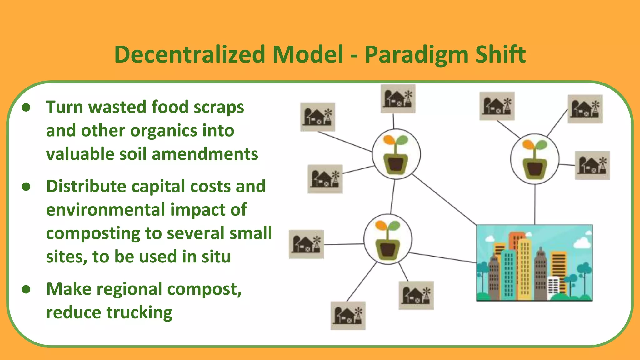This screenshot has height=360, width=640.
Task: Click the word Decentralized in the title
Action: click(190, 55)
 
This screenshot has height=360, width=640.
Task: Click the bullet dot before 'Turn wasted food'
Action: click(26, 107)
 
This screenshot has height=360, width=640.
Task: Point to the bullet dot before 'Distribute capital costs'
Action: click(26, 187)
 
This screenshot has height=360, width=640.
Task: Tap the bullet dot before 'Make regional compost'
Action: click(26, 289)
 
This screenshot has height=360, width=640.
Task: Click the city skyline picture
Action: click(534, 263)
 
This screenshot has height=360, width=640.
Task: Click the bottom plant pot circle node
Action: click(388, 239)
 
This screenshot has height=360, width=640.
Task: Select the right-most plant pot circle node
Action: click(535, 159)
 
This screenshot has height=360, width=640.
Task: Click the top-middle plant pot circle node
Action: click(396, 154)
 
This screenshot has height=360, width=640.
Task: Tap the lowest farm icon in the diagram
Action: click(348, 316)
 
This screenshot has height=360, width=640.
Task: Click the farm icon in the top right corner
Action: click(585, 109)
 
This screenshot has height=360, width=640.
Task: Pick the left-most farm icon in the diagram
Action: click(306, 244)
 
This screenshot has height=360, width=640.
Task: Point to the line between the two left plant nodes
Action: click(392, 197)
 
